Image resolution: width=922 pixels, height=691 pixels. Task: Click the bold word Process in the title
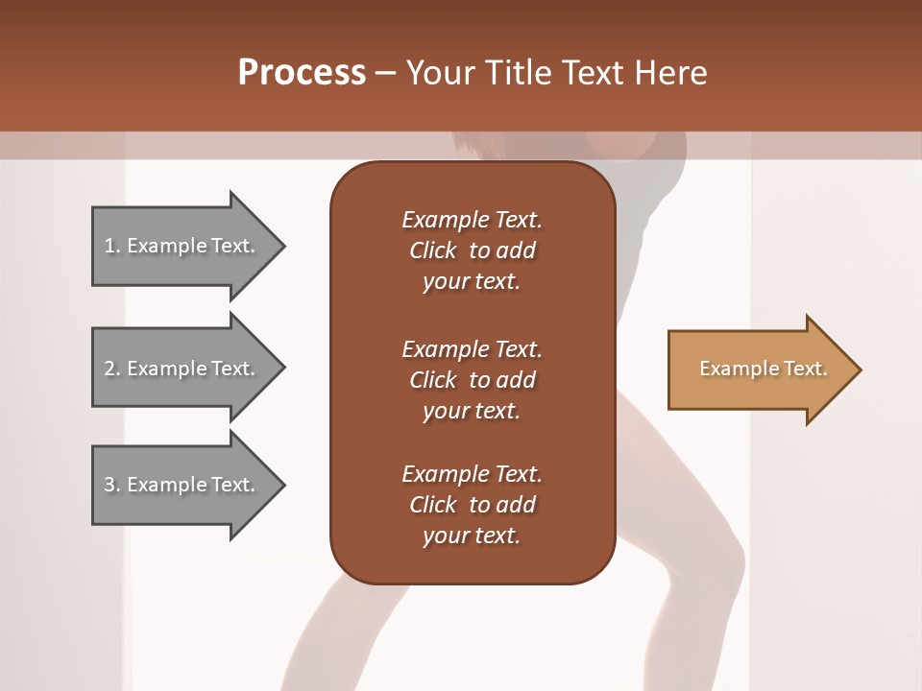(x=302, y=73)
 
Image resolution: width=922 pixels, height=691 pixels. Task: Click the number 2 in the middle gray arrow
(x=109, y=369)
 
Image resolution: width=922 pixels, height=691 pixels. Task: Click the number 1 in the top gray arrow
(x=109, y=246)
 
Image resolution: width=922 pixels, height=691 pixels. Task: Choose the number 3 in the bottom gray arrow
(x=109, y=485)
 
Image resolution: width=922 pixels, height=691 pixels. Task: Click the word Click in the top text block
(x=433, y=250)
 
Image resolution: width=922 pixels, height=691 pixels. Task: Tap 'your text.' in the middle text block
(x=472, y=411)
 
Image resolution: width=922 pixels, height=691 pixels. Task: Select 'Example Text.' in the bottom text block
(x=472, y=474)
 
